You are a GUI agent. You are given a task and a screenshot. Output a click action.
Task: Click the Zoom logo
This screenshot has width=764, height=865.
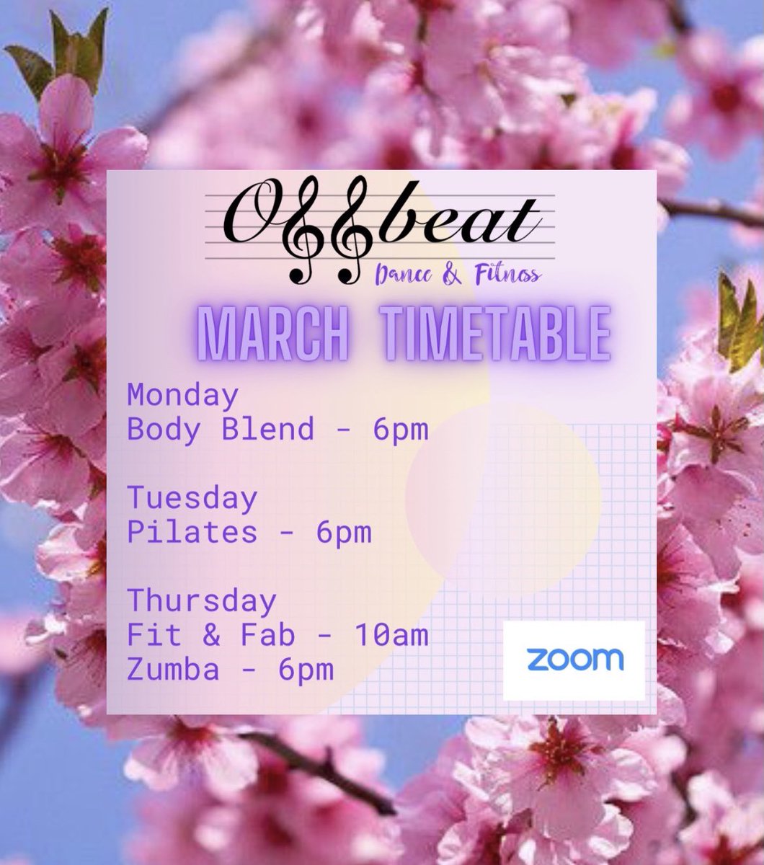[x=574, y=660]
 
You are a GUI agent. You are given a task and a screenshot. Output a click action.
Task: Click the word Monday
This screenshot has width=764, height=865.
[x=182, y=395]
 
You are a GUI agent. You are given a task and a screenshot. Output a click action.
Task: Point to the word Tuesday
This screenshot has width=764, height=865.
[x=192, y=498]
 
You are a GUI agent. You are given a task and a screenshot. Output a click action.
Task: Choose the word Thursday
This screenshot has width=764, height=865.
[x=201, y=600]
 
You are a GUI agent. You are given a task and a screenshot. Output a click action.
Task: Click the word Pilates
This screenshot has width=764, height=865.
[x=192, y=533]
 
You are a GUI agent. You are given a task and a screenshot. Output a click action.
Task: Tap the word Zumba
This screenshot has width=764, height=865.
[x=173, y=670]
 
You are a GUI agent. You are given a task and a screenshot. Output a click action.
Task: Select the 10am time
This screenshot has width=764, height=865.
[x=391, y=635]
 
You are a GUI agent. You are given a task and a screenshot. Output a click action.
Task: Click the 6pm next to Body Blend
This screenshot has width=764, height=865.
[x=401, y=430]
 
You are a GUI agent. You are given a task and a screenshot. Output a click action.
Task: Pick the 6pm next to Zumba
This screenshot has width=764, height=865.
[x=306, y=670]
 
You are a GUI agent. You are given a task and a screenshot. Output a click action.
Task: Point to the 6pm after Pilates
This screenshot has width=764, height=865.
[x=344, y=533]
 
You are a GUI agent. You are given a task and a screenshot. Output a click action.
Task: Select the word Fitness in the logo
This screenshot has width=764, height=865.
[x=505, y=275]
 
